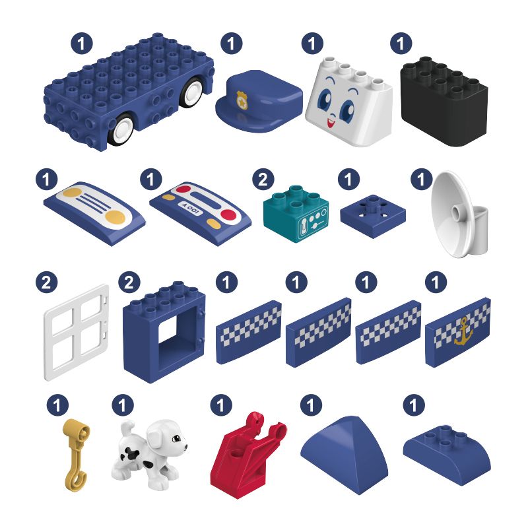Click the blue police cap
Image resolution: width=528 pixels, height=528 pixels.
(259, 101)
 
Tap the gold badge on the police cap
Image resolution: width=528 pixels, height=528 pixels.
(242, 100)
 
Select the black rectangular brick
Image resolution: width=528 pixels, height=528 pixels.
(444, 101)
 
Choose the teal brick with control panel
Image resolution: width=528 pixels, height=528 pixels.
(296, 213)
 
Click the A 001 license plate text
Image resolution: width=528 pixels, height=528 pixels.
(191, 209)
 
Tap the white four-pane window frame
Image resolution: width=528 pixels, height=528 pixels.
(77, 333)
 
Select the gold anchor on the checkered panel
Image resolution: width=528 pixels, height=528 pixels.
(463, 331)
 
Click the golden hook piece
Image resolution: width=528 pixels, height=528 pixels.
(77, 455)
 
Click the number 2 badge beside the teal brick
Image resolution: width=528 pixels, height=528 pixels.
(263, 180)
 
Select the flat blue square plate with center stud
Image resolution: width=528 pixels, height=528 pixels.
(373, 216)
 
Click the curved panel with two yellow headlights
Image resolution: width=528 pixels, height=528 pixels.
(94, 213)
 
